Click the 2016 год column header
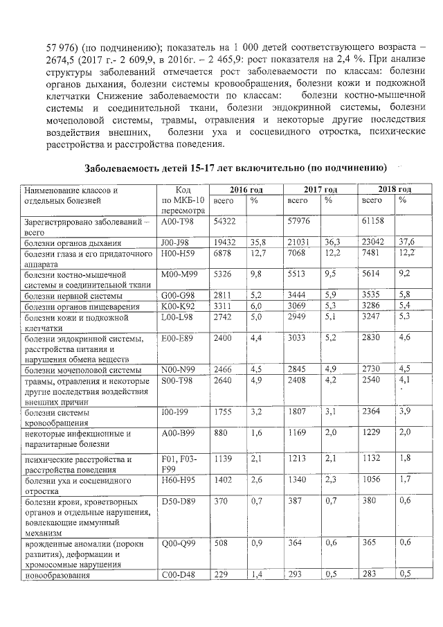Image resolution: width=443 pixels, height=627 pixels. click(x=246, y=189)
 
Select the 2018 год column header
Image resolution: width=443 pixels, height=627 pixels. click(x=395, y=189)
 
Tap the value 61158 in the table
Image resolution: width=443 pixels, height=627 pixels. click(x=374, y=220)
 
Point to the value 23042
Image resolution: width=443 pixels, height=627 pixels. click(x=374, y=242)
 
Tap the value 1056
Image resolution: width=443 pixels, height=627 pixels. click(x=374, y=479)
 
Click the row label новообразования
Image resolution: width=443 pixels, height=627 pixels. click(x=57, y=574)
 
